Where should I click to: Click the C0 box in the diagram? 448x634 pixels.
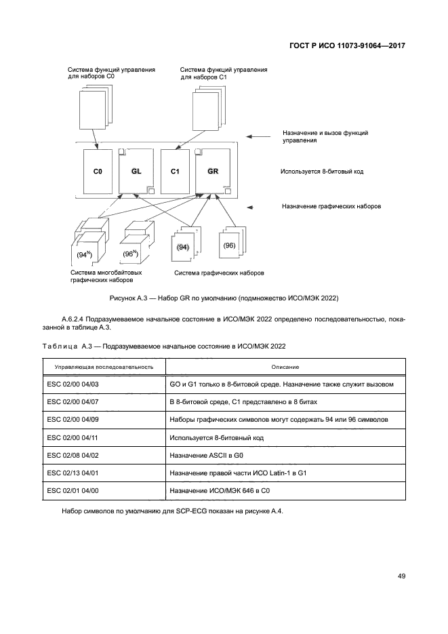coord(98,172)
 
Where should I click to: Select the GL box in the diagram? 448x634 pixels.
coord(136,171)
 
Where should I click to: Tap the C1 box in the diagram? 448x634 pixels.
coord(174,172)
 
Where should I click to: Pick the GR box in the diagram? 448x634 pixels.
coord(212,171)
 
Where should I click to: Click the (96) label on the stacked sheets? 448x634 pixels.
coord(229,245)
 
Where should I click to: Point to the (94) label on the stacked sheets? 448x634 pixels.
coord(182,248)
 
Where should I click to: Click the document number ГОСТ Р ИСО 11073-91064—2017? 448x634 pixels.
coord(347,45)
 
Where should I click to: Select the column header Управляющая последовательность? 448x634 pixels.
coord(99,367)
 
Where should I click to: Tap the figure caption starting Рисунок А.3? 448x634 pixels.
coord(224,298)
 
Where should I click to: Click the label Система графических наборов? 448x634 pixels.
coord(219,273)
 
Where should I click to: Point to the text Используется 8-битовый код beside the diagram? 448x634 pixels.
coord(322,172)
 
